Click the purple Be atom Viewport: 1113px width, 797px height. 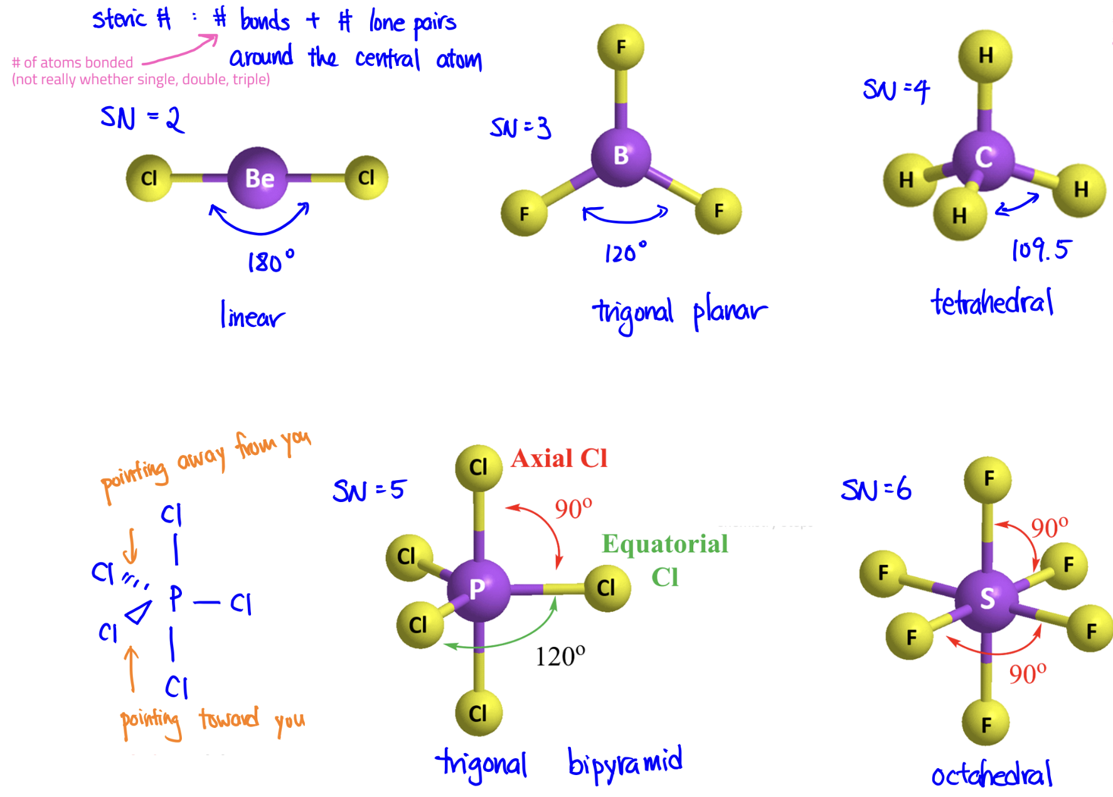(258, 178)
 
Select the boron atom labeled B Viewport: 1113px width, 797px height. (620, 156)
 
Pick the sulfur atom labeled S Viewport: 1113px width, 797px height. (986, 599)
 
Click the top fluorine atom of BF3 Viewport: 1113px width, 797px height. (620, 47)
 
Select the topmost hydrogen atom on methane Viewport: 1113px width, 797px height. (985, 56)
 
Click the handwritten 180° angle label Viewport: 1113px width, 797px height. (270, 261)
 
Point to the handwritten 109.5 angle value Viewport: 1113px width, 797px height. (1040, 250)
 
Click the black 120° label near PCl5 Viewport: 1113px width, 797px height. (560, 656)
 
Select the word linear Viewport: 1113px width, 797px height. (252, 316)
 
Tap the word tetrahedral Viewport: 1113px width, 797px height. (992, 303)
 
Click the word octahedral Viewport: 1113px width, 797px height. (991, 776)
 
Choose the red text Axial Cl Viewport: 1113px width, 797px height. (559, 459)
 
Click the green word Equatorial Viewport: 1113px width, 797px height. (665, 544)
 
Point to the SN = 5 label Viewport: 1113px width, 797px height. (369, 490)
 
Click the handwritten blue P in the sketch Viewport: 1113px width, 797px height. (176, 598)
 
